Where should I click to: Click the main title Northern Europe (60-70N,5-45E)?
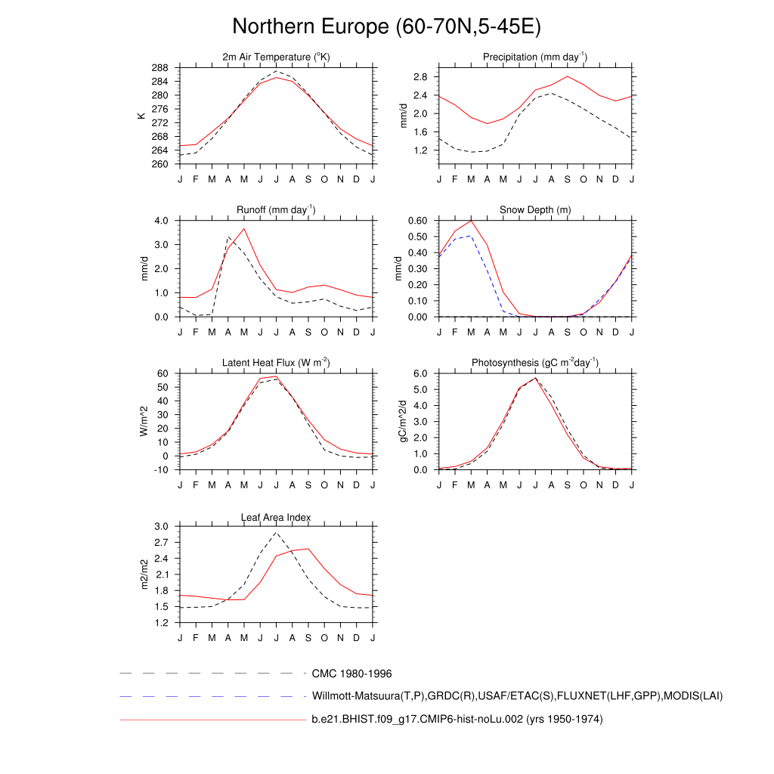point(386,26)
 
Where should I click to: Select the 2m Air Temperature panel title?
point(276,57)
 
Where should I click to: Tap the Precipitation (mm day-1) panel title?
point(535,57)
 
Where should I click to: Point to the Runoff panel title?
point(276,210)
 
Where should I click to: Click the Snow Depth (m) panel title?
point(535,210)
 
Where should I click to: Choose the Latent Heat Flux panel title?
point(276,363)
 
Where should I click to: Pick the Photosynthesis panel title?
point(535,363)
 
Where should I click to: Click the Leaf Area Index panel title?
point(276,517)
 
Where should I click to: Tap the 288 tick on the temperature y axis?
point(159,68)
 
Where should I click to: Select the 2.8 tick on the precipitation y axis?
point(421,77)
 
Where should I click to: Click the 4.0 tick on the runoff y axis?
point(163,221)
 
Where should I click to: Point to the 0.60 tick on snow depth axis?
point(418,221)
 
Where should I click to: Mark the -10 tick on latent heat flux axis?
point(161,470)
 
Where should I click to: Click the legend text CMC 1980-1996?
point(351,673)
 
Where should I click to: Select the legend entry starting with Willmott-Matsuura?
point(517,695)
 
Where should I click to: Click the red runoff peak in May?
point(244,228)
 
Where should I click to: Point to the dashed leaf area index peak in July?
point(277,533)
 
